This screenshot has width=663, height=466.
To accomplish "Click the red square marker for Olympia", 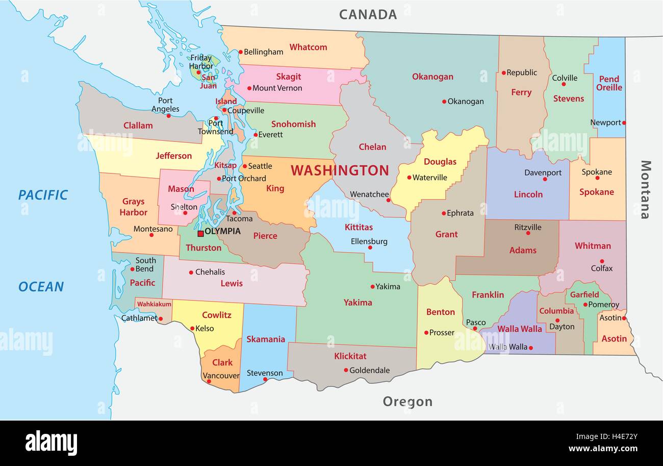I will pos(200,233).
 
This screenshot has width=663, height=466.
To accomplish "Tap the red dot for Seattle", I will pos(244,166).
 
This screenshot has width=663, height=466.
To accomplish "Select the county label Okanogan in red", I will pos(432,77).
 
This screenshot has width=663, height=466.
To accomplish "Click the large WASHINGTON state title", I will pos(340,170).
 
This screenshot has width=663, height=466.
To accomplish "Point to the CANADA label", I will pos(368,14).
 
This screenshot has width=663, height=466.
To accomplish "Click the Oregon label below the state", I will pos(407,402).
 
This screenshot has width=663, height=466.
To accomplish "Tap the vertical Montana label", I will pos(645,189).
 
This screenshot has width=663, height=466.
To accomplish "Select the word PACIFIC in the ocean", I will pos(43,194).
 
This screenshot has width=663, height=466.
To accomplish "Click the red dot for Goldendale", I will pos(346,370).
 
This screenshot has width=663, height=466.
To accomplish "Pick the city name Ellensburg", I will pos(369,241).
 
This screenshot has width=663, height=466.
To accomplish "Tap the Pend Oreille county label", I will pos(609,83).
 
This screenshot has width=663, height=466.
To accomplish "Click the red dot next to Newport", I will pos(624,122).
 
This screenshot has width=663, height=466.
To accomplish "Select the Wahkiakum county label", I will pos(154,304).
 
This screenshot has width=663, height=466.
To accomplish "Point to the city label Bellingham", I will pos(263,52).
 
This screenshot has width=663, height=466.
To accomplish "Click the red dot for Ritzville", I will pos(528,233).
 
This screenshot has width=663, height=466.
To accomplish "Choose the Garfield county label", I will pos(584,295).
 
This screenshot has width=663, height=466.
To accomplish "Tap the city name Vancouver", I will pos(221,375).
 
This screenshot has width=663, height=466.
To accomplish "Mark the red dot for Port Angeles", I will pos(169,115).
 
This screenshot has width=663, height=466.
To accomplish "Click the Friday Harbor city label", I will pos(201,62).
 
